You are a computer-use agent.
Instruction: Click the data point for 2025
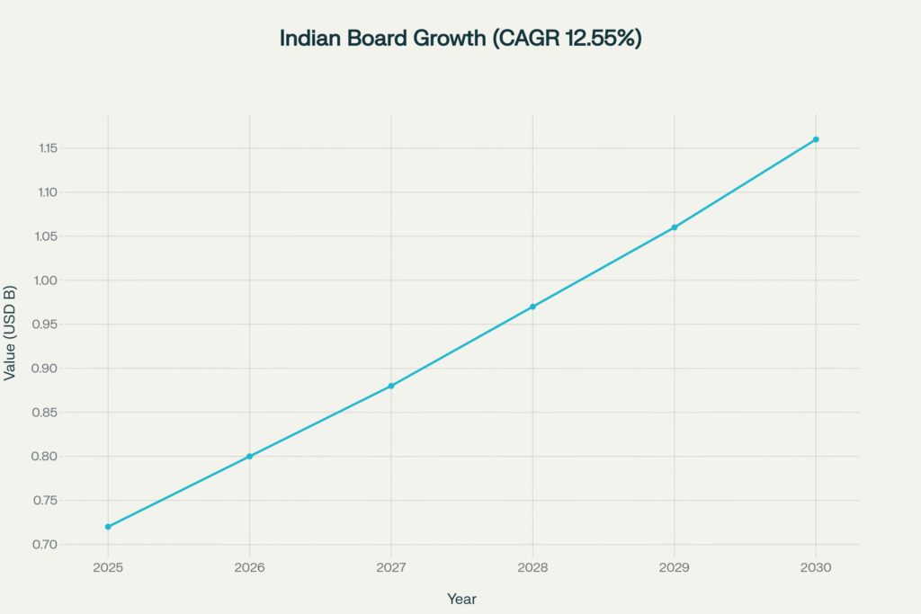pyautogui.click(x=108, y=527)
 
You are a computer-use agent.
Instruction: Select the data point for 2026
pyautogui.click(x=250, y=457)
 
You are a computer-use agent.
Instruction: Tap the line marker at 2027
pyautogui.click(x=391, y=386)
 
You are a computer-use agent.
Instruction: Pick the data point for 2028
pyautogui.click(x=532, y=307)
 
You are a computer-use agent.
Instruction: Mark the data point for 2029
pyautogui.click(x=675, y=227)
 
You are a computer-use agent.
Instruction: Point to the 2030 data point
pyautogui.click(x=816, y=139)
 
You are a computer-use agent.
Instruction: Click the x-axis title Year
pyautogui.click(x=461, y=599)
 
